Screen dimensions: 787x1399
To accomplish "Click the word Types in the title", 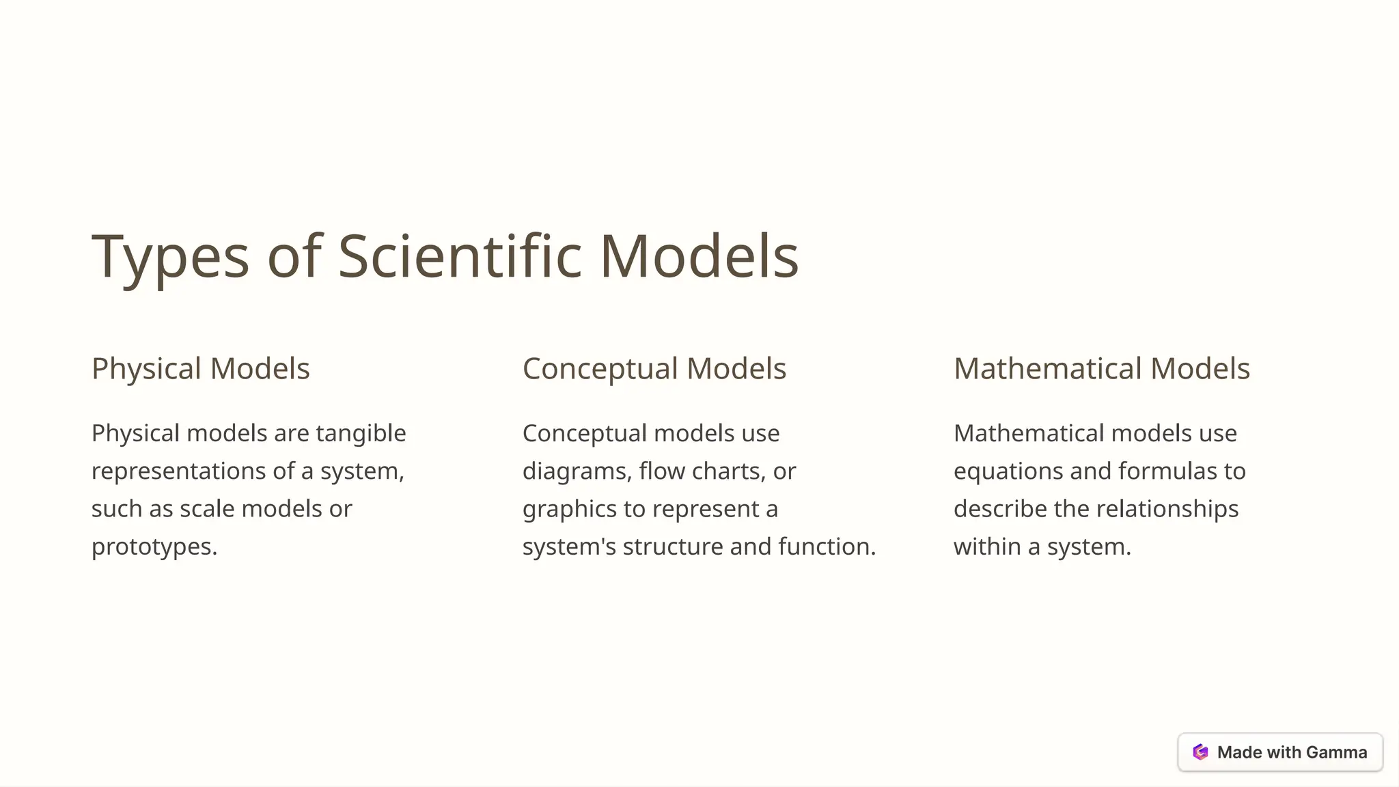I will tap(170, 258).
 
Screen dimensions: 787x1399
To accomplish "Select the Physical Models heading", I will tap(201, 369).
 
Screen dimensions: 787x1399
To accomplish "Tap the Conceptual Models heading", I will tap(654, 369).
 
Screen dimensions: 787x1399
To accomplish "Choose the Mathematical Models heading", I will tap(1101, 369).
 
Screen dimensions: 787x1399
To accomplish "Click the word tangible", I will tap(361, 434).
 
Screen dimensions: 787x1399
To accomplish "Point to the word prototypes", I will tap(153, 547).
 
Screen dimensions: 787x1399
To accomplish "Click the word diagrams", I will tap(577, 471).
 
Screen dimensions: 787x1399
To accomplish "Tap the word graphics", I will tap(570, 510).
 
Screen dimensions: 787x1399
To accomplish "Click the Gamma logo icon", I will tap(1200, 752).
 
